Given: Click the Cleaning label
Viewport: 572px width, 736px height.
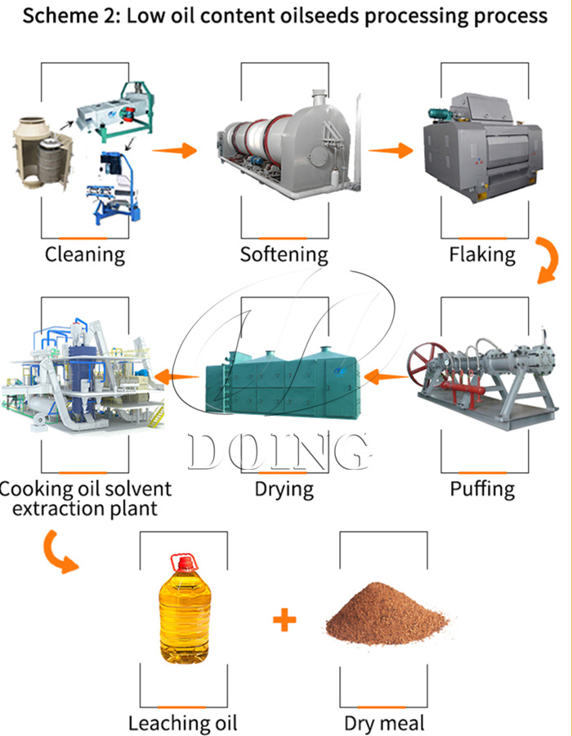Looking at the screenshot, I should [x=85, y=254].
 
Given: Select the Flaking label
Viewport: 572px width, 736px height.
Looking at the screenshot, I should [x=482, y=254].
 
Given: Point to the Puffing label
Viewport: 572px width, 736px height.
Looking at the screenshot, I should [x=482, y=489].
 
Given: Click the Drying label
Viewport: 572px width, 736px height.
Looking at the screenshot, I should [x=284, y=489].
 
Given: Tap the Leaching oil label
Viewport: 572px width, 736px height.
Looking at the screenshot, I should [x=182, y=723].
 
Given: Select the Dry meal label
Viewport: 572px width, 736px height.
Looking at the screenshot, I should [x=384, y=723].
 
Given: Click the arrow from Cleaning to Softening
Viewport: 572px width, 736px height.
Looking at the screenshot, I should [x=175, y=149].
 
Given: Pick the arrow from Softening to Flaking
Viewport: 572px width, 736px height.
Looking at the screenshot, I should [x=389, y=150].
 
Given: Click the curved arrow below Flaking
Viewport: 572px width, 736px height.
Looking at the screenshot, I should [x=546, y=260].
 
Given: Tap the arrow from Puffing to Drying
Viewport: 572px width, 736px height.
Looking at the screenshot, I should [x=386, y=377].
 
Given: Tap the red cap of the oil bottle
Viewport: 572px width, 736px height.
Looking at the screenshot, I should [x=182, y=562].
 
